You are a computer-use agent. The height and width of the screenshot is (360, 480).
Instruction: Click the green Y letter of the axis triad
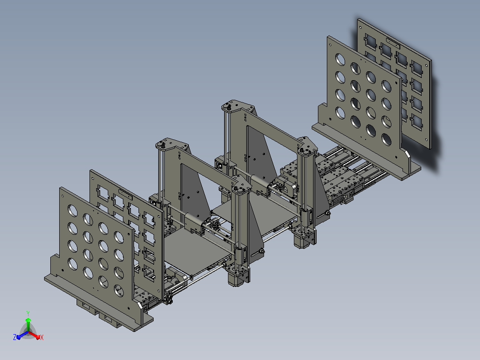(x=28, y=313)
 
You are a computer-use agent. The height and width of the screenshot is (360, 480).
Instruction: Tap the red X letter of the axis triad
(x=42, y=337)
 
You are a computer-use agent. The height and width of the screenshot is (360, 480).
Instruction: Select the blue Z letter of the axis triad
(x=15, y=337)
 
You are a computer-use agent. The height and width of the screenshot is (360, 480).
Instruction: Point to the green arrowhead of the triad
(x=28, y=320)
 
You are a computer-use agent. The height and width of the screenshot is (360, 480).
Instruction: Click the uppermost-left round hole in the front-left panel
(x=73, y=210)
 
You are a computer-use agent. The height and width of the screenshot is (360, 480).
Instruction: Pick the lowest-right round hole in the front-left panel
(x=119, y=290)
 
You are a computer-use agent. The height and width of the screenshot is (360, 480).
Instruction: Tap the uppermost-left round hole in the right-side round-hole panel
(x=340, y=59)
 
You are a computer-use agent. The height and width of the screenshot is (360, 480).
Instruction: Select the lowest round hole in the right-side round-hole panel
(x=386, y=140)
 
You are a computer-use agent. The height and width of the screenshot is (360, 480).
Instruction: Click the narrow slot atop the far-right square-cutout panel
(x=393, y=42)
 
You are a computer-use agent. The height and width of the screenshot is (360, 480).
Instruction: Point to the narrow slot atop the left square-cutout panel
(x=126, y=194)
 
